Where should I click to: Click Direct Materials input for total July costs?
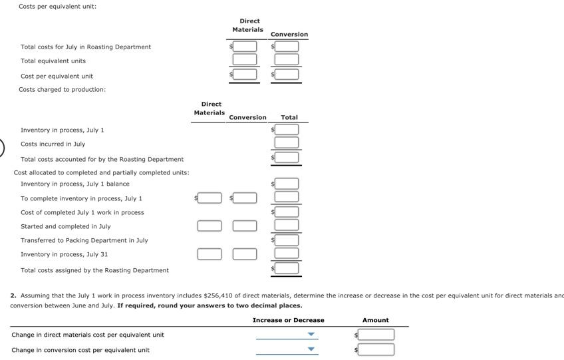point(245,47)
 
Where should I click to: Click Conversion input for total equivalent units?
point(287,60)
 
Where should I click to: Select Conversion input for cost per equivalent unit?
point(287,75)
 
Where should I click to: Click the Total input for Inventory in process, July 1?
point(287,129)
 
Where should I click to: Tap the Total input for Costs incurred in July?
point(287,142)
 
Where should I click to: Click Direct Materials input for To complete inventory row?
point(210,198)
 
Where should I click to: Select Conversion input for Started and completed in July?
point(244,226)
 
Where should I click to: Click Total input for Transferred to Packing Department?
point(287,240)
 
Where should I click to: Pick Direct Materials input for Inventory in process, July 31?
point(210,254)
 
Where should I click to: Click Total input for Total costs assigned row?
point(287,268)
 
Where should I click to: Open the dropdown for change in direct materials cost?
point(286,335)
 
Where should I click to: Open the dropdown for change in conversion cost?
point(286,349)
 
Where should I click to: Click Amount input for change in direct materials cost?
point(377,335)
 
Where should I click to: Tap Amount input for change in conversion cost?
point(377,349)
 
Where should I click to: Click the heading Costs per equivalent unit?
point(57,6)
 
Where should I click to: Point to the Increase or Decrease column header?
point(288,320)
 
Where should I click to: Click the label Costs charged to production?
point(62,89)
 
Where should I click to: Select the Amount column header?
point(375,320)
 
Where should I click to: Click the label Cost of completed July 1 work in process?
point(82,212)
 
